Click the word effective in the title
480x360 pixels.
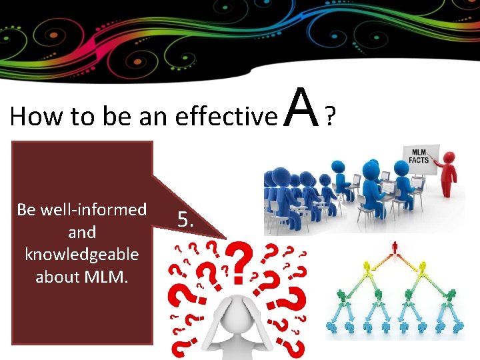click(226, 117)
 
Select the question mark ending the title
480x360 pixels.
click(329, 117)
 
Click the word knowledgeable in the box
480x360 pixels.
click(82, 254)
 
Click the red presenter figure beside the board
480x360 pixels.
click(449, 173)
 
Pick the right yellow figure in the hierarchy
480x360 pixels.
click(423, 273)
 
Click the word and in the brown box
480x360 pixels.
click(82, 232)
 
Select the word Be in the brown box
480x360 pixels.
click(27, 209)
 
